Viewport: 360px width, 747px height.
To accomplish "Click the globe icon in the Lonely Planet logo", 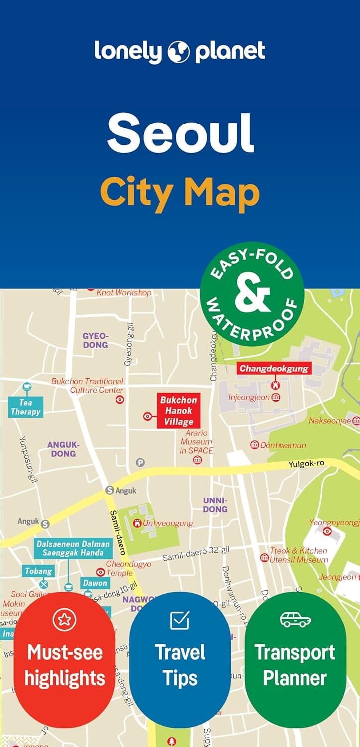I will (x=180, y=51).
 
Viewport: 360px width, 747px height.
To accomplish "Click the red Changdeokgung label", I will (x=274, y=369).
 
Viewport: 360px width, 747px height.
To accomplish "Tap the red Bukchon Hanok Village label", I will (x=178, y=411).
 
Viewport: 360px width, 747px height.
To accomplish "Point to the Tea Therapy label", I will (x=25, y=407).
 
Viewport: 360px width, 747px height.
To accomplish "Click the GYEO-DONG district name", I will (x=95, y=340).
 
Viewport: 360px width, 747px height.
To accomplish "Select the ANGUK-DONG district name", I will (x=63, y=449).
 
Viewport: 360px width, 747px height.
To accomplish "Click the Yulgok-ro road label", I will (x=306, y=464).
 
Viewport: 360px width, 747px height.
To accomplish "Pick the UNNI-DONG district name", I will (x=215, y=504).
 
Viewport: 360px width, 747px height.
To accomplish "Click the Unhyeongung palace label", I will (x=167, y=523).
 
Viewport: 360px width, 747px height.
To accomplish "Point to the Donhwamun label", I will (x=283, y=445).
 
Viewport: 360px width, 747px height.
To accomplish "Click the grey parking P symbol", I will (x=141, y=462).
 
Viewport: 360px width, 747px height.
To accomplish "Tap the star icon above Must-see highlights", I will (x=64, y=620).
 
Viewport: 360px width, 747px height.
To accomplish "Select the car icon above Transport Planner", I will (x=295, y=620).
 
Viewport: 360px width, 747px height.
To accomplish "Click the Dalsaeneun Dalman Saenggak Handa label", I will (x=73, y=548).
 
